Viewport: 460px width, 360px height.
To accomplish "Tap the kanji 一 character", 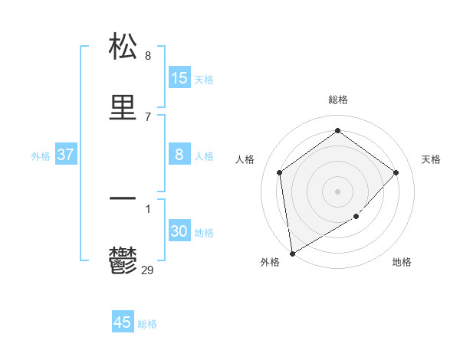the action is tap(123, 199).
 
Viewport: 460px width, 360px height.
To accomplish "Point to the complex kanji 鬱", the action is tap(123, 260).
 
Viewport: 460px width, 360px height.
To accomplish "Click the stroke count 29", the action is tap(148, 270).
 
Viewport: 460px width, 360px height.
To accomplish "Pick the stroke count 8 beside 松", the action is tap(148, 55).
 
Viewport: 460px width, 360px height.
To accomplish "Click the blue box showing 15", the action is tap(179, 78).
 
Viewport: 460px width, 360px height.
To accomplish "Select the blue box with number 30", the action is tap(179, 231).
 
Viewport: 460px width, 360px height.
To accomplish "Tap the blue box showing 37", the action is tap(66, 155).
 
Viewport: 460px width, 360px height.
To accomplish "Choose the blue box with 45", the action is tap(123, 322).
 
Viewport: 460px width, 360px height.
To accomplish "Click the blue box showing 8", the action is tap(179, 155).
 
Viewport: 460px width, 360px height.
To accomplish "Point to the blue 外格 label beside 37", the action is tap(41, 156).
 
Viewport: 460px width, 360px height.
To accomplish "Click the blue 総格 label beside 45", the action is tap(147, 324).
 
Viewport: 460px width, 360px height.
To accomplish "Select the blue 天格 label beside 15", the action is tap(204, 80).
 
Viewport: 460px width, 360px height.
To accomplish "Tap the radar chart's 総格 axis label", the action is tap(337, 100).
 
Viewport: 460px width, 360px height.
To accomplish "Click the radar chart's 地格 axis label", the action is tap(402, 262).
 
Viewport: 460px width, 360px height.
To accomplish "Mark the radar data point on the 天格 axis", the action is tap(396, 172).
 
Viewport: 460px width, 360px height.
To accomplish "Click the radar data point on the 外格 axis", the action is tap(292, 253).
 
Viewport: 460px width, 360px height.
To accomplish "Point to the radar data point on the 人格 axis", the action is tap(280, 172).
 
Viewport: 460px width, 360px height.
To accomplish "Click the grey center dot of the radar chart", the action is tap(337, 191).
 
